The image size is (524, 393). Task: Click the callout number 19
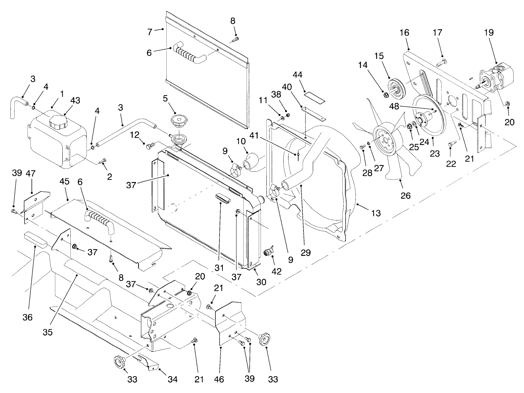(488, 32)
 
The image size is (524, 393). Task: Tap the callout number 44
(297, 75)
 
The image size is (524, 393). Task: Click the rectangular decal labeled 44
(316, 96)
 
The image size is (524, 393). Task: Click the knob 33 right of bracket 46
(264, 340)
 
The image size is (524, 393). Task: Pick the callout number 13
(376, 213)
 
